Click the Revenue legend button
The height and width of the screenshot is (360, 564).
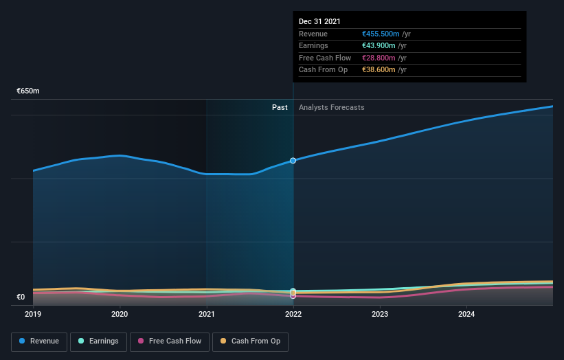click(40, 341)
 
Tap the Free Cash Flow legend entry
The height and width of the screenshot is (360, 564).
click(169, 341)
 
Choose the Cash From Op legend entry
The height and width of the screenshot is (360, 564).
click(251, 341)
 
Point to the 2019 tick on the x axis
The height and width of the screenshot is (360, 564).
click(33, 315)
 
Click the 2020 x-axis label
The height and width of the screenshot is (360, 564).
click(120, 315)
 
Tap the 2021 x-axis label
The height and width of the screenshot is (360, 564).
click(207, 315)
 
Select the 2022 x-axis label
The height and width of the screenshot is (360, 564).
click(293, 315)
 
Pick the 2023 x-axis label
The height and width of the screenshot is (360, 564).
click(380, 315)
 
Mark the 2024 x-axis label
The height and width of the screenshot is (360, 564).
click(466, 315)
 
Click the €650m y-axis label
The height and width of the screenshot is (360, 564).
click(28, 91)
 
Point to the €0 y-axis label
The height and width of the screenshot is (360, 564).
click(21, 297)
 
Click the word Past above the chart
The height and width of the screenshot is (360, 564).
click(280, 107)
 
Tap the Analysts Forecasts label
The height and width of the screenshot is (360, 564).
click(331, 107)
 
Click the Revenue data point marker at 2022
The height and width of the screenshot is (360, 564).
click(293, 161)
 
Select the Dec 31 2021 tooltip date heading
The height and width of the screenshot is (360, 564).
click(319, 22)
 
